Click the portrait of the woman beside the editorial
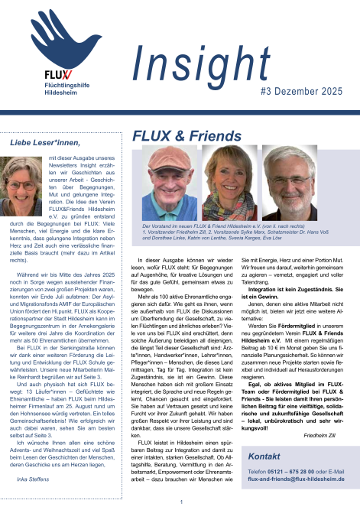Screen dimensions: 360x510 click(x=24, y=187)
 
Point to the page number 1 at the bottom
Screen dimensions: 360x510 click(x=180, y=502)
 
